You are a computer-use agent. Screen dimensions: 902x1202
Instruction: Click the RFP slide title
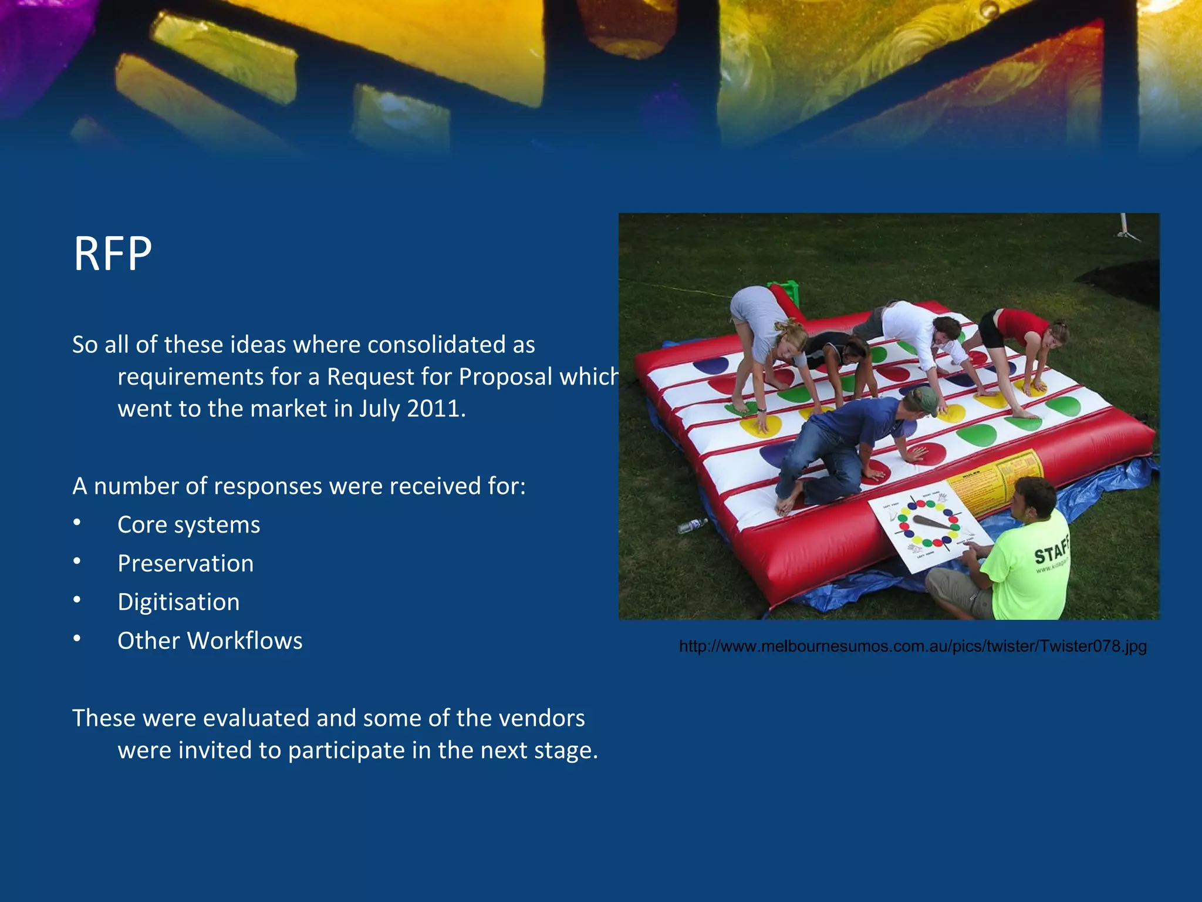coord(113,254)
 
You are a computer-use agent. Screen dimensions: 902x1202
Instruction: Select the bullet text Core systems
coord(188,525)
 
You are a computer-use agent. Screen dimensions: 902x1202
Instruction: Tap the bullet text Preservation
coord(185,564)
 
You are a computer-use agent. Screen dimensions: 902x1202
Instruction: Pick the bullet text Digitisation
coord(178,603)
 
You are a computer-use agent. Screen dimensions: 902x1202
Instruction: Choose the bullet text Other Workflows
coord(210,641)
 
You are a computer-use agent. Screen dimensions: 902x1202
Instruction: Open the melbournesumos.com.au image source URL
coord(912,647)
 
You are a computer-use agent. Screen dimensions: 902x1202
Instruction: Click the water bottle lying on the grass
coord(693,525)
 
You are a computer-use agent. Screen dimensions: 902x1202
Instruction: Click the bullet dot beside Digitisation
coord(77,600)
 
